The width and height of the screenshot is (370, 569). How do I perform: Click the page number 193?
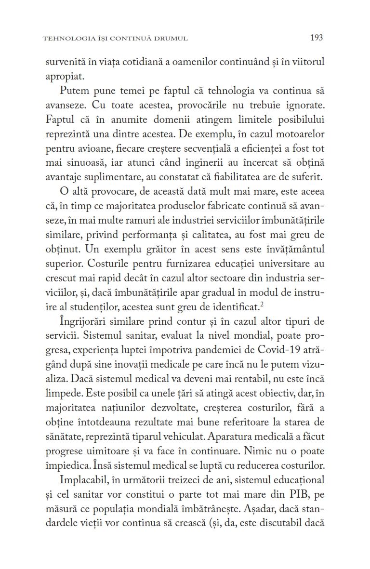pyautogui.click(x=317, y=38)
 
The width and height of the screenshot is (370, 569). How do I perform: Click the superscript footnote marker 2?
pyautogui.click(x=263, y=303)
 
